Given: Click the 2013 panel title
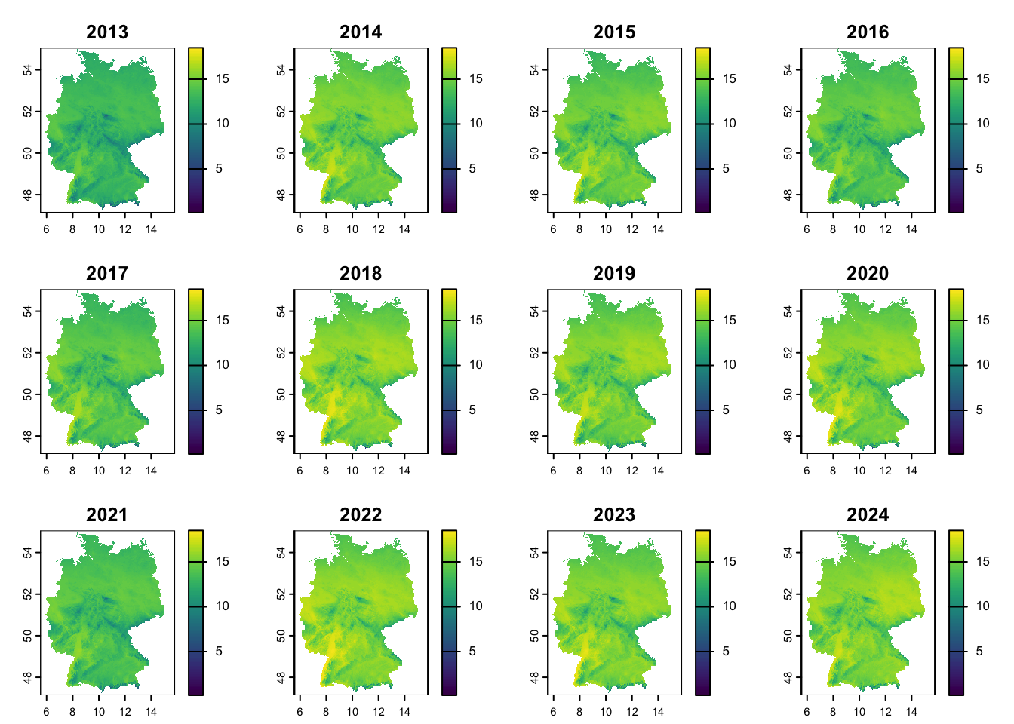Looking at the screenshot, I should click(107, 32).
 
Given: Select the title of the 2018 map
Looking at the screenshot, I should click(361, 274).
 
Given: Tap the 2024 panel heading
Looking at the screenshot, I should click(868, 515).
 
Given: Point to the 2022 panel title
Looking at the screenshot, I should click(361, 515).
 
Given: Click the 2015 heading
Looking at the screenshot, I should click(614, 32).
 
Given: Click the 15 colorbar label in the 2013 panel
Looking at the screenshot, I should click(222, 79).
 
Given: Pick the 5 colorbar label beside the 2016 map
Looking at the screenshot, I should click(979, 169).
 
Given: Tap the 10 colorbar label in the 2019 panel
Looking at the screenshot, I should click(729, 365).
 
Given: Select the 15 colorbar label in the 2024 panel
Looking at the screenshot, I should click(982, 562).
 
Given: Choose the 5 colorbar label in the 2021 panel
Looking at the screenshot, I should click(219, 652).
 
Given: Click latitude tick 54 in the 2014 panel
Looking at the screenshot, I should click(281, 69).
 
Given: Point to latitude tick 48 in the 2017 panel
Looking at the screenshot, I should click(28, 436).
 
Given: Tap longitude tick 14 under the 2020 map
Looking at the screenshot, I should click(911, 471).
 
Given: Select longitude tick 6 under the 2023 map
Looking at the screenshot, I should click(553, 712).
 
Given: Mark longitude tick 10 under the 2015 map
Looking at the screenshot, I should click(606, 229).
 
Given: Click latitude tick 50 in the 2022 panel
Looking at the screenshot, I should click(281, 635).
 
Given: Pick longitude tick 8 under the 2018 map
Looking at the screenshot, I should click(326, 471).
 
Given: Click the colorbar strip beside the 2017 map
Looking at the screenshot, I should click(195, 371).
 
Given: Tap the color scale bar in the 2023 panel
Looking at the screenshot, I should click(702, 612).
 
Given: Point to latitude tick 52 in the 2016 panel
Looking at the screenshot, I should click(788, 111).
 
